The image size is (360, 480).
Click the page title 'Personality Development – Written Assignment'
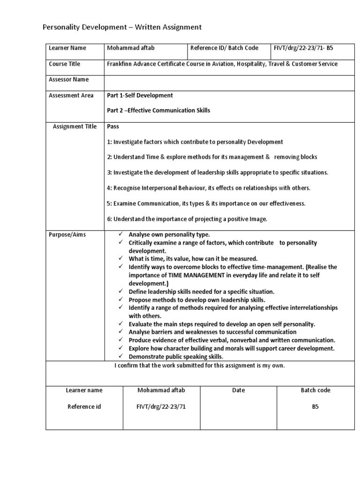[x=122, y=27]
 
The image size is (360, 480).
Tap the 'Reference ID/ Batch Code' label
[x=225, y=48]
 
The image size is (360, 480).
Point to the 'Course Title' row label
[x=65, y=64]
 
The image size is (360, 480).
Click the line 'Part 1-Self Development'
[x=140, y=95]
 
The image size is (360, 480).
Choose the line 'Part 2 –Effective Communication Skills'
[x=158, y=111]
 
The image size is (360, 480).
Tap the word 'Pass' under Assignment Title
[x=113, y=127]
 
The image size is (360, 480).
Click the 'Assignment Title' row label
[x=75, y=127]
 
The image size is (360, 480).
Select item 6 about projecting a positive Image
[x=187, y=219]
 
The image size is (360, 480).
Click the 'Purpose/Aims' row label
[x=67, y=234]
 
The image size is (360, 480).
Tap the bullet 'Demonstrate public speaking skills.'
[x=176, y=357]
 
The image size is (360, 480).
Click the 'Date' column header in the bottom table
[x=239, y=390]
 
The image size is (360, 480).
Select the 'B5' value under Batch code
[x=315, y=407]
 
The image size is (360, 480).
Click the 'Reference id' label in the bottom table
[x=84, y=407]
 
